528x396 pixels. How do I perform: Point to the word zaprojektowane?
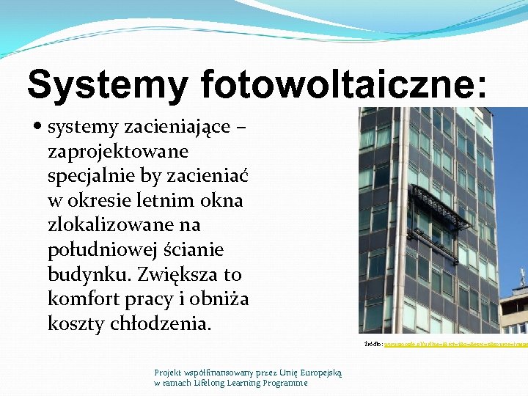117,152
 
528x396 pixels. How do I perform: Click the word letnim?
146,200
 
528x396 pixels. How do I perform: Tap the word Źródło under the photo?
373,343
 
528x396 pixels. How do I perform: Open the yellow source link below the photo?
455,343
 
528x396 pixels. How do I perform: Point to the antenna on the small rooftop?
522,276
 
